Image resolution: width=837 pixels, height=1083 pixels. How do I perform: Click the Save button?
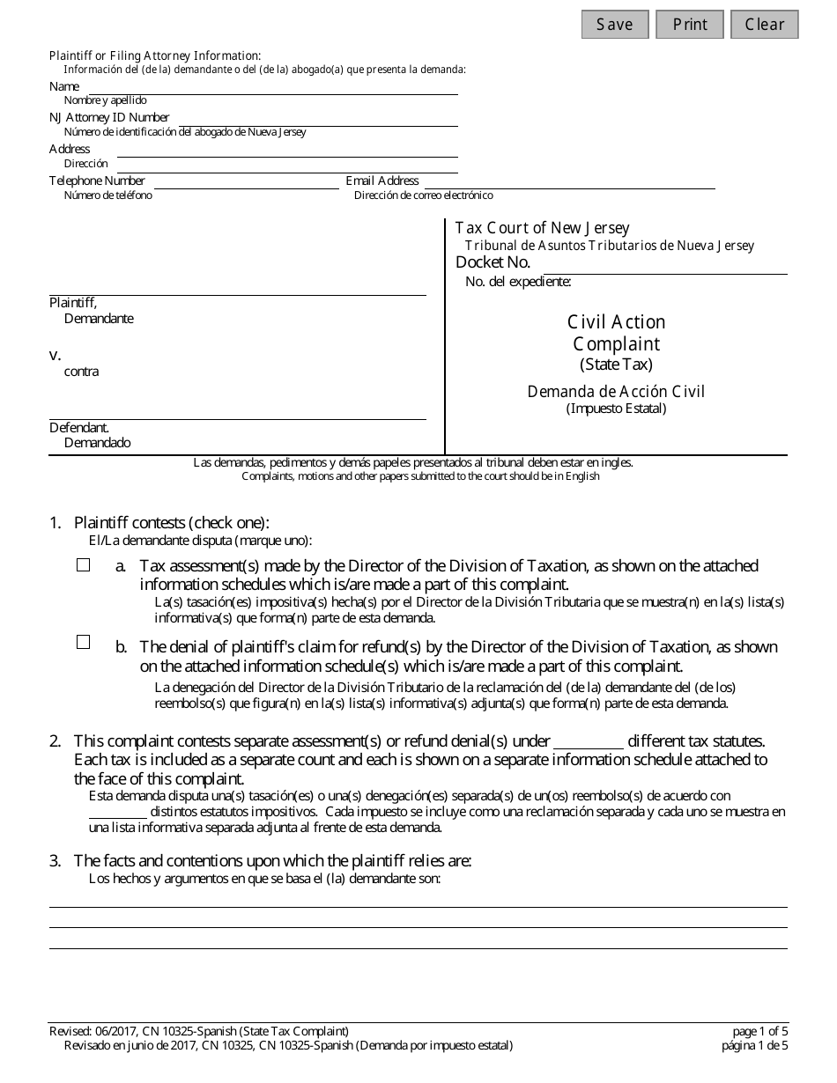click(614, 25)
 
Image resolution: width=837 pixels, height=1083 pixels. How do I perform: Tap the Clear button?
click(764, 25)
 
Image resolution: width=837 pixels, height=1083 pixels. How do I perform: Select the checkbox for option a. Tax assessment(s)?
click(84, 566)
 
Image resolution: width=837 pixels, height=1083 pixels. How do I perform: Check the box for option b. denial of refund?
click(84, 643)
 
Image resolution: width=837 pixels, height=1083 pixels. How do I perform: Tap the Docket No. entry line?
click(664, 268)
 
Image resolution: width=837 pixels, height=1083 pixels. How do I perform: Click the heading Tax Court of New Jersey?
click(542, 229)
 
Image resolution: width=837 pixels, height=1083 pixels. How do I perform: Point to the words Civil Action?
click(616, 322)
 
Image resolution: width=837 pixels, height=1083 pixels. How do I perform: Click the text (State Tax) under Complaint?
click(616, 365)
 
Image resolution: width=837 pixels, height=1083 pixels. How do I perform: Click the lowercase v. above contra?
click(55, 356)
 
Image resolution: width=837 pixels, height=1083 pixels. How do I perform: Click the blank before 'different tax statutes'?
click(589, 742)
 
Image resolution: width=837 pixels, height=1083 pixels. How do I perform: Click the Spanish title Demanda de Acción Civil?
click(616, 392)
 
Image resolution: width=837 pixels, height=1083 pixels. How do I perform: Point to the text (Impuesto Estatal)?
click(616, 409)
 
